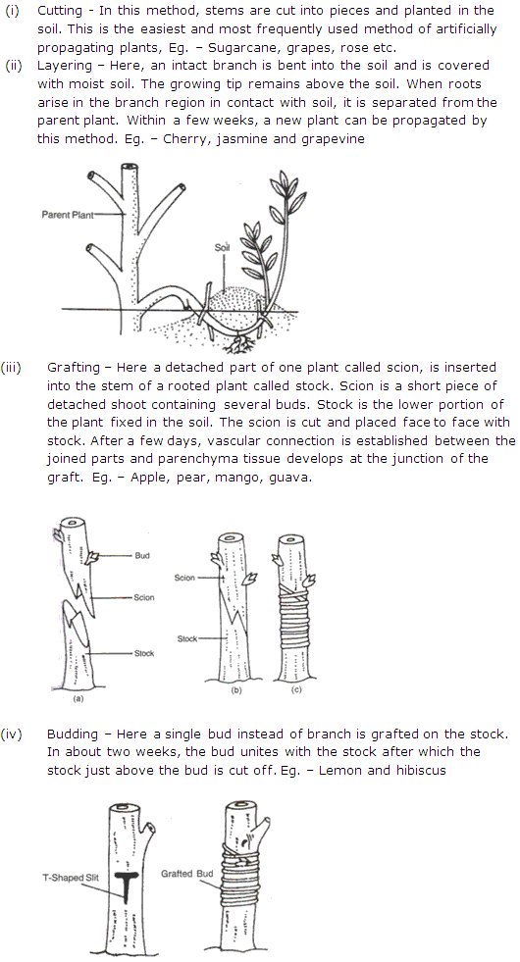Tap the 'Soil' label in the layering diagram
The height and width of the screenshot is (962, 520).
point(222,248)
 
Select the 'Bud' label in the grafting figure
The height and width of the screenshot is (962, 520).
point(142,555)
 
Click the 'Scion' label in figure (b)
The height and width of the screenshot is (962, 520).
point(185,578)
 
